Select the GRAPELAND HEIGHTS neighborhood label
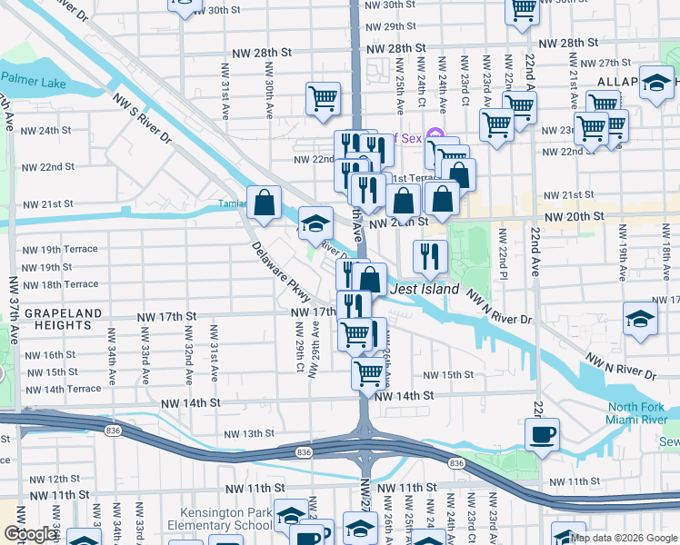[x=51, y=319]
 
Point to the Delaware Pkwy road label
[x=282, y=272]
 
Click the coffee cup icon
[x=543, y=433]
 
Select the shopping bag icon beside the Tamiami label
[x=264, y=204]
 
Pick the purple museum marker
[x=435, y=138]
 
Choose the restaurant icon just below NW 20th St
[x=430, y=257]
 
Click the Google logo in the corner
[x=30, y=534]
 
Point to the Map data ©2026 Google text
[x=624, y=538]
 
